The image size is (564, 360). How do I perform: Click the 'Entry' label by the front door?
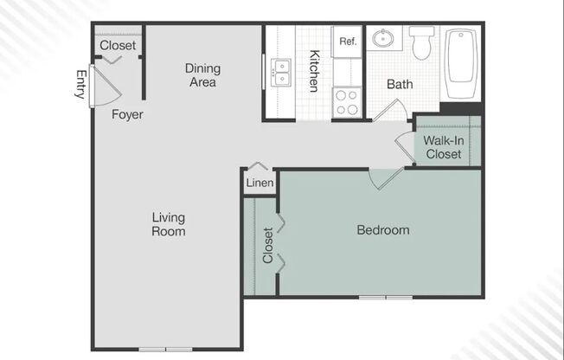click(81, 84)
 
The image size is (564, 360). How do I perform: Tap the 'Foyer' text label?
click(127, 114)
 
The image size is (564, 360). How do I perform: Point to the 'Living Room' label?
click(169, 224)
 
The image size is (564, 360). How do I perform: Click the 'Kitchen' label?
click(315, 71)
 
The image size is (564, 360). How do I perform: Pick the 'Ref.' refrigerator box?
click(348, 42)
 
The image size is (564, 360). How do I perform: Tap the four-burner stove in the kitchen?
click(348, 102)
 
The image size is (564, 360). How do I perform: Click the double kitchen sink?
click(282, 72)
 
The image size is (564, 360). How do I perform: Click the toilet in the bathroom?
click(422, 42)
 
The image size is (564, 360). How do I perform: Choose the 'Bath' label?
click(400, 85)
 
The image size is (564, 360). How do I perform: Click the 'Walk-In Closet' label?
click(442, 147)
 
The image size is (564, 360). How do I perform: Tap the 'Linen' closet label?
click(260, 183)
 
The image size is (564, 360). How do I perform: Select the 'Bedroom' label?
click(383, 230)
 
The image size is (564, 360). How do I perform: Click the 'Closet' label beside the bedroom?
click(267, 245)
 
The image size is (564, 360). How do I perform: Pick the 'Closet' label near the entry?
click(118, 46)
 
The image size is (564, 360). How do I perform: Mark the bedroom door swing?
click(385, 177)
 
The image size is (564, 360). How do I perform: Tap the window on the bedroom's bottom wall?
click(386, 298)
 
